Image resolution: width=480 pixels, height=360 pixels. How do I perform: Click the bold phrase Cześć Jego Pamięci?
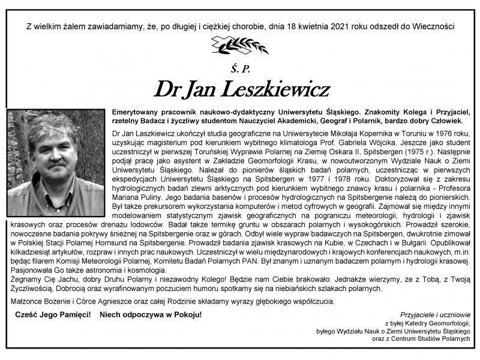click(x=53, y=314)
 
